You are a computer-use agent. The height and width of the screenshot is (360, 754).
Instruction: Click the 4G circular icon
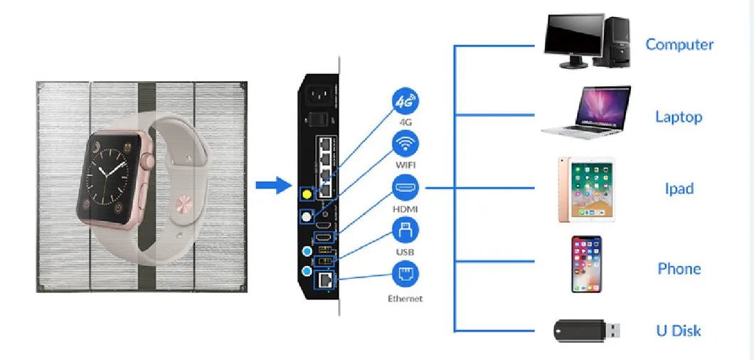coord(405,102)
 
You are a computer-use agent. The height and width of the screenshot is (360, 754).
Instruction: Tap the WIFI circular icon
coord(405,144)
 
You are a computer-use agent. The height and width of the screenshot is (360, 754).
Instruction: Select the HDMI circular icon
coord(405,189)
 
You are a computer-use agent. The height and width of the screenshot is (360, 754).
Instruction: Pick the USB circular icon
coord(405,230)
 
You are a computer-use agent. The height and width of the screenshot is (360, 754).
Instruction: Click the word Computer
coord(679,44)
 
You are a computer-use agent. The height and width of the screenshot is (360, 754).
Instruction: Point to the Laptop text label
coord(679,117)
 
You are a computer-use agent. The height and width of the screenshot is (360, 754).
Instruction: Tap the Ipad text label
coord(679,189)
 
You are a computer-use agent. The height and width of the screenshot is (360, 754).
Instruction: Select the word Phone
coord(679,269)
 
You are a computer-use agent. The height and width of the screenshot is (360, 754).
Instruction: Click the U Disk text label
coord(678,331)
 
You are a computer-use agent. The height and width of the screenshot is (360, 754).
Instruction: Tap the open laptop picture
coord(586,112)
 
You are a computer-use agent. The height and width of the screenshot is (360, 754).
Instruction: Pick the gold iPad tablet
coord(585,189)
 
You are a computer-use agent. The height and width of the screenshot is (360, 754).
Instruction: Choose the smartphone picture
coord(586,264)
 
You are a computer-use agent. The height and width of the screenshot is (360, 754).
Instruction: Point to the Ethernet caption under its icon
coord(405,299)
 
